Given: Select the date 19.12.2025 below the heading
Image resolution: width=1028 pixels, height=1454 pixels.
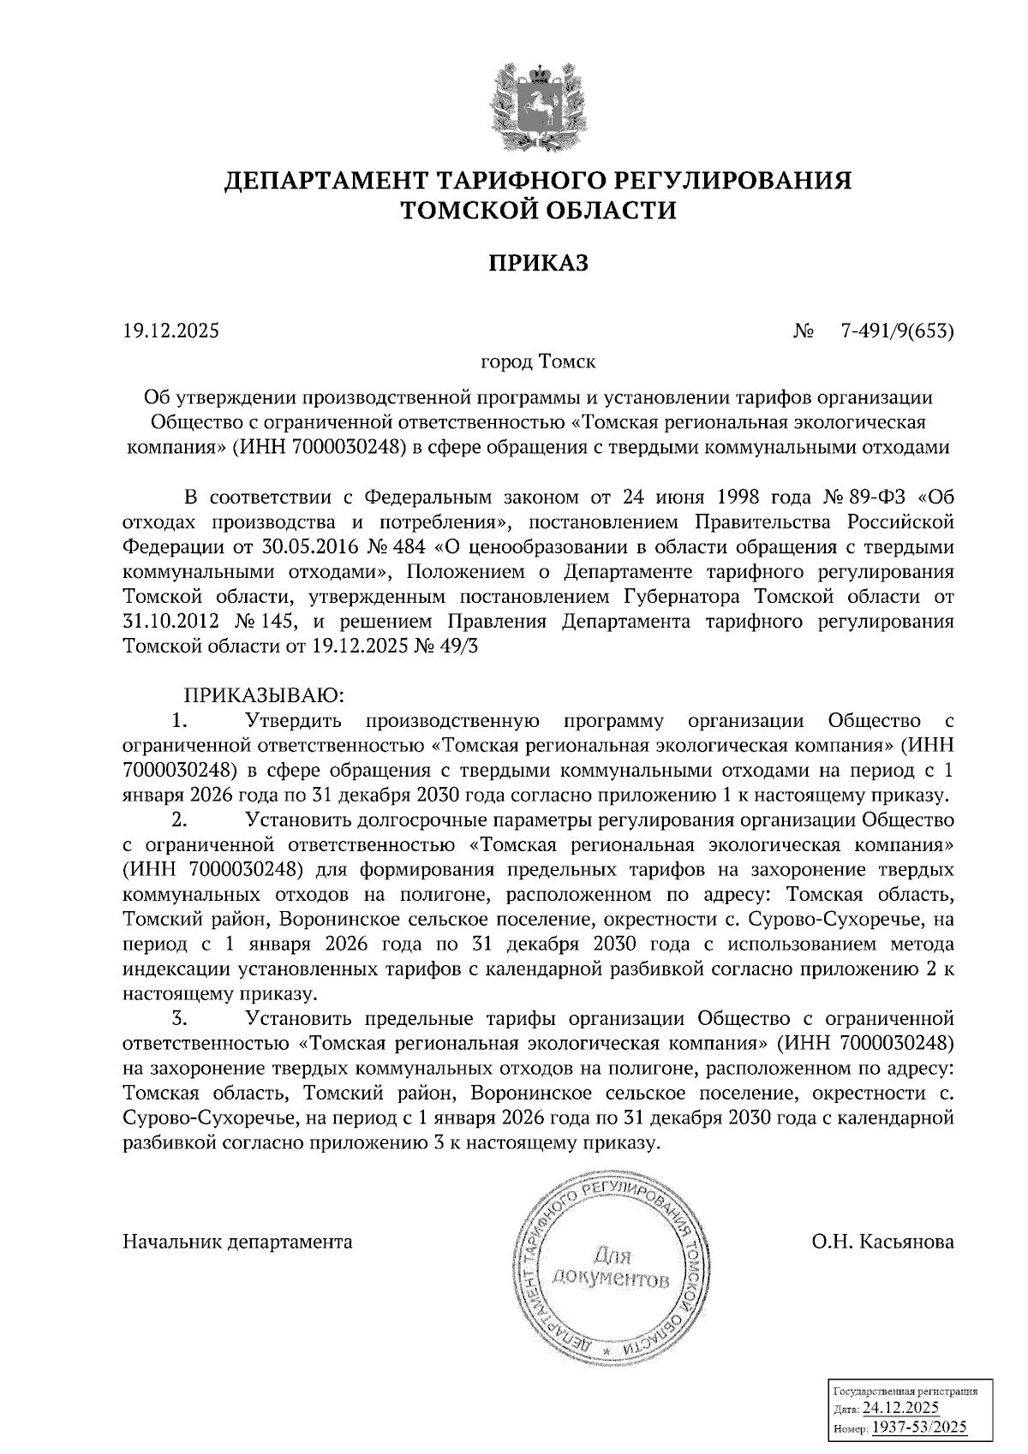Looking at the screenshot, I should coord(171,331).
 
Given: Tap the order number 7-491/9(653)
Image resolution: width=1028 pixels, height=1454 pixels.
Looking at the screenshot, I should coord(898,331).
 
